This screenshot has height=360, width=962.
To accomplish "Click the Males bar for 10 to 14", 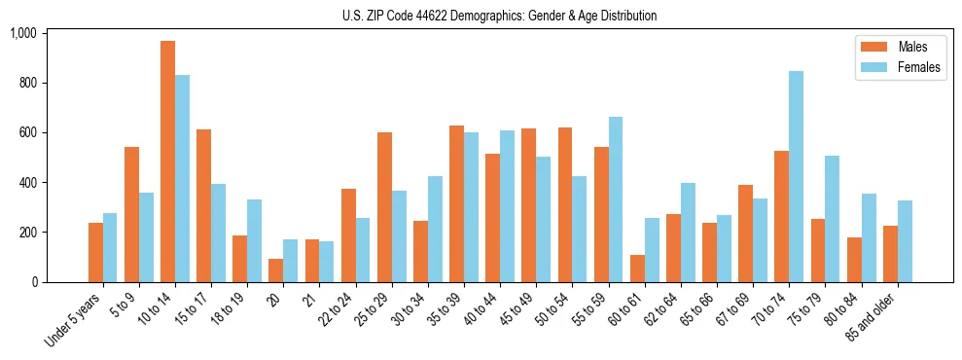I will point(167,162).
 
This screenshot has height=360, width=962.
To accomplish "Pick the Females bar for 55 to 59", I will point(616,199).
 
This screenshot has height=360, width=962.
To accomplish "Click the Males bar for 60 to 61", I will point(637,269).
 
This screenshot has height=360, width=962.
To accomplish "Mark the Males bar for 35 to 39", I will point(456,204).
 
